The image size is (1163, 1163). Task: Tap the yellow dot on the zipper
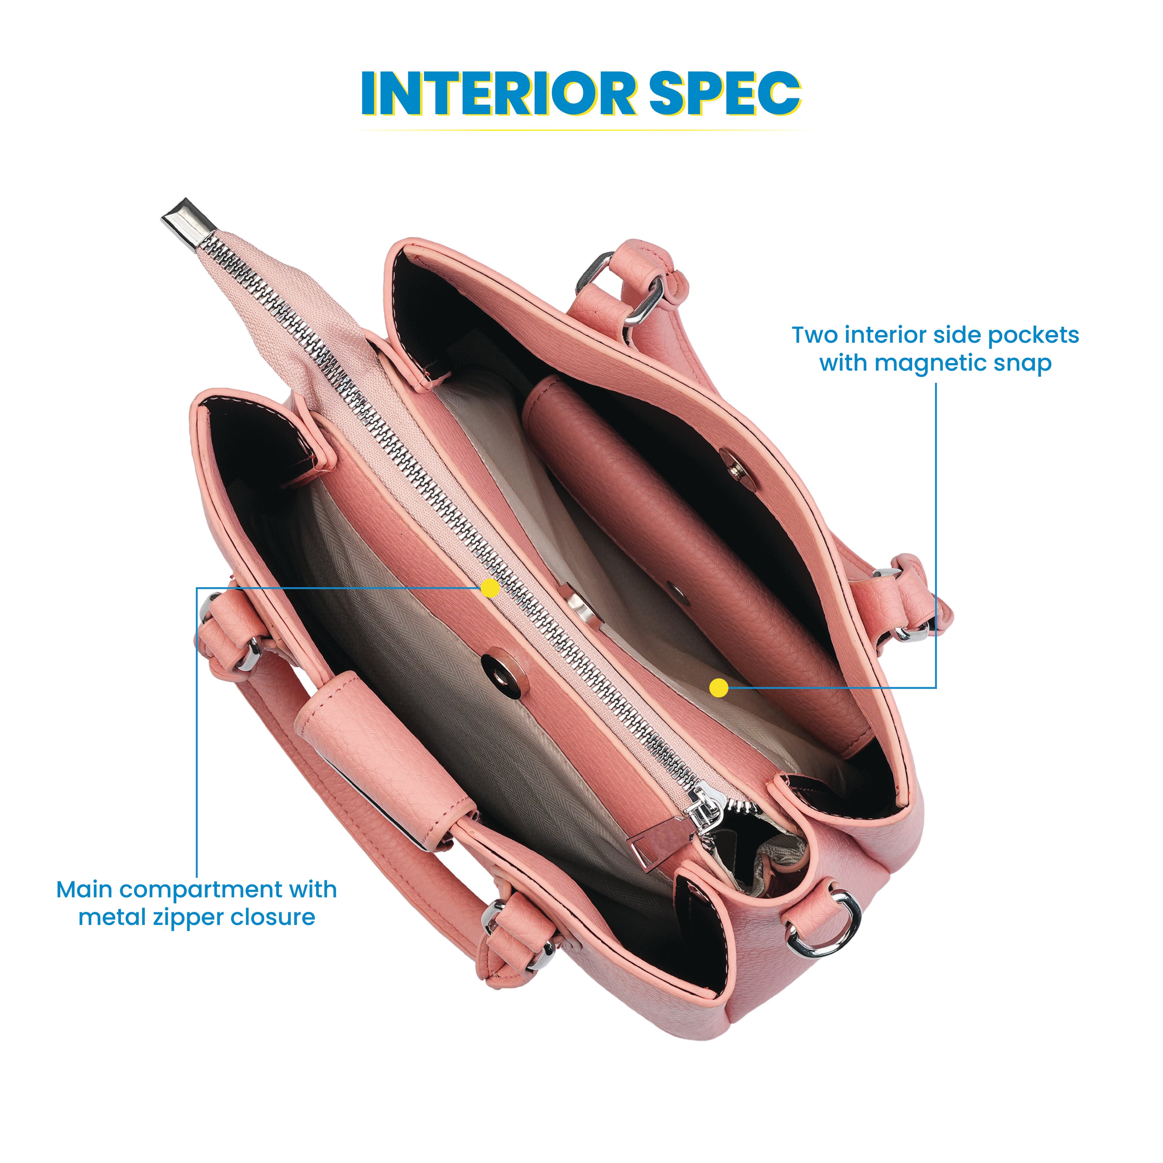[x=491, y=588]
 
